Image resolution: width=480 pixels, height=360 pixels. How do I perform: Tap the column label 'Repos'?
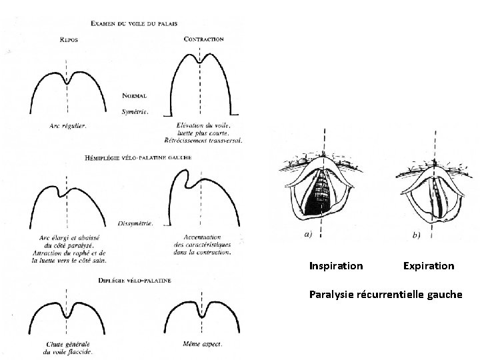69,39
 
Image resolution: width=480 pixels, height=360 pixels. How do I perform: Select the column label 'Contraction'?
203,39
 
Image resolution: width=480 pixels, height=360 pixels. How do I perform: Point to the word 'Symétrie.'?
135,111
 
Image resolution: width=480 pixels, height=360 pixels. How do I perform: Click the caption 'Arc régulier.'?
67,125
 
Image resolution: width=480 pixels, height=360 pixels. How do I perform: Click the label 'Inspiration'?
336,266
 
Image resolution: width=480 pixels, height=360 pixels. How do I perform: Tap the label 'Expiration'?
429,266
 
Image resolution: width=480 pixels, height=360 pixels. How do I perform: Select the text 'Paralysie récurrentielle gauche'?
385,293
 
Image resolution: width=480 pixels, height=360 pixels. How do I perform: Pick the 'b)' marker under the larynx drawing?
417,235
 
